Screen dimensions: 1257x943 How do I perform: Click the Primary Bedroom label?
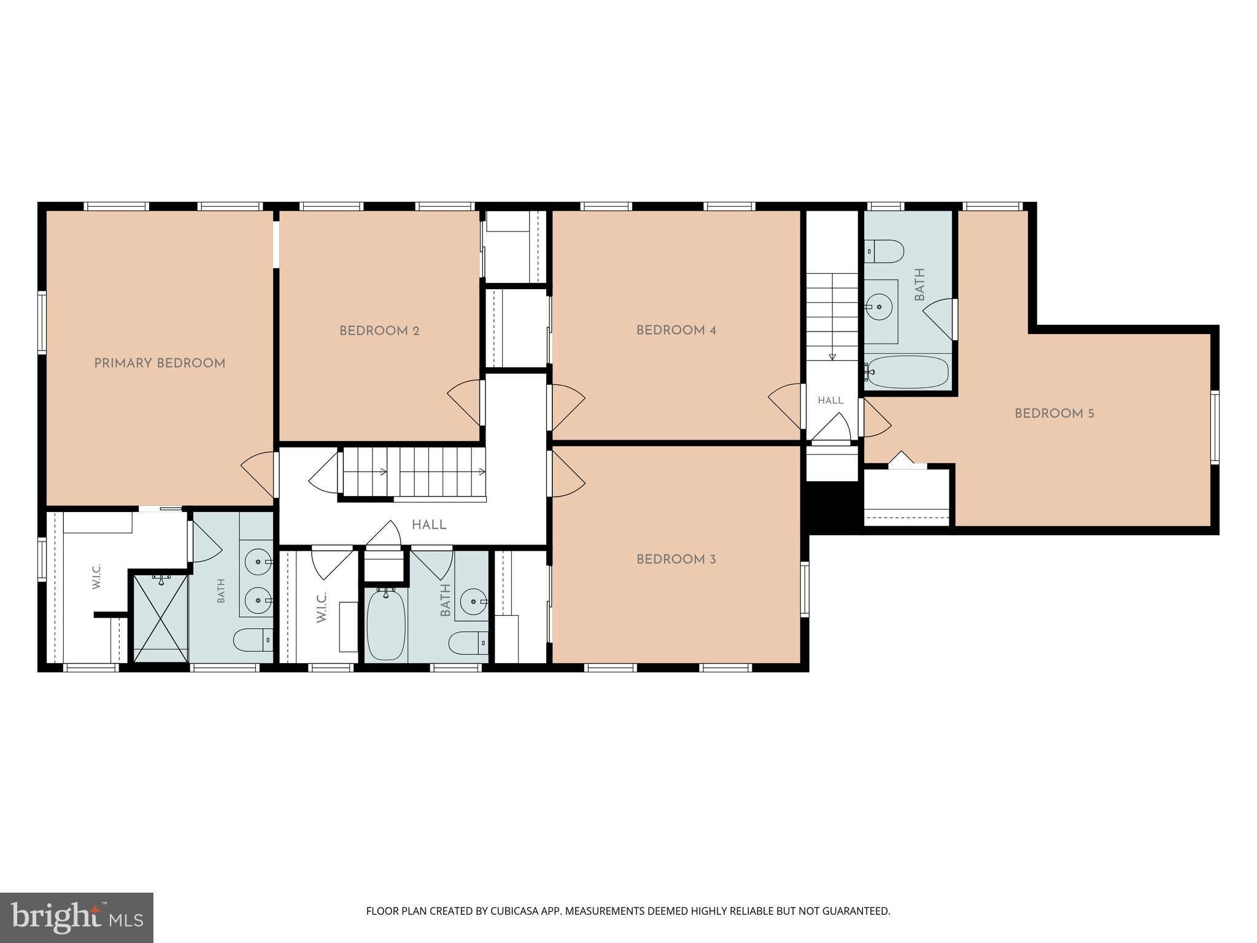(160, 363)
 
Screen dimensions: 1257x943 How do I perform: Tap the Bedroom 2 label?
(379, 331)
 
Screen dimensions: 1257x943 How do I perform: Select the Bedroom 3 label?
(676, 559)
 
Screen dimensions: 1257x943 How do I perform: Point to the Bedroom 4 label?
(676, 330)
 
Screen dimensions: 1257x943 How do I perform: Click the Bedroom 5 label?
(1054, 414)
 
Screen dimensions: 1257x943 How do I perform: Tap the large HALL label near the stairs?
(429, 525)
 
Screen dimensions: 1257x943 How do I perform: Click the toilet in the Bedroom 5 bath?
(884, 251)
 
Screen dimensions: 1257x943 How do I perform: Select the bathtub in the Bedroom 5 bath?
(908, 372)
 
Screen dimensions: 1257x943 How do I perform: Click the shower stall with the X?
(160, 617)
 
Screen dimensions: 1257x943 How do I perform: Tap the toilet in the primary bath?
(253, 640)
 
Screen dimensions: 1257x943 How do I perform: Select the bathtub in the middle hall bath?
(386, 624)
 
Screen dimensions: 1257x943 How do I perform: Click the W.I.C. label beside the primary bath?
(97, 576)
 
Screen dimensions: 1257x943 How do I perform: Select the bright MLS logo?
(77, 917)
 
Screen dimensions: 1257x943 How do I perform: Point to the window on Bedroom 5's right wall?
(1214, 427)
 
